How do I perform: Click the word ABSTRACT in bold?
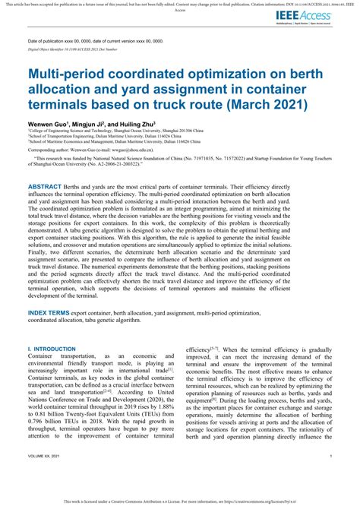pyautogui.click(x=49, y=186)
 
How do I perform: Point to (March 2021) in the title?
pyautogui.click(x=254, y=105)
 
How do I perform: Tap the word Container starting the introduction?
pyautogui.click(x=42, y=356)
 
